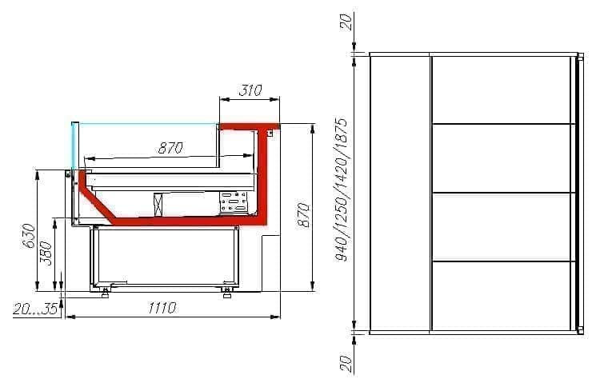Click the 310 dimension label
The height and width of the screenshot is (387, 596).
[x=250, y=90]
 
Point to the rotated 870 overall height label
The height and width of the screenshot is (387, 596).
[x=303, y=215]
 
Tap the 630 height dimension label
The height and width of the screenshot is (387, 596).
[x=30, y=236]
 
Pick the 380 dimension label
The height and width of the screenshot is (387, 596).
[x=46, y=253]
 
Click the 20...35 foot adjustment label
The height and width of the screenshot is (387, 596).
[x=35, y=309]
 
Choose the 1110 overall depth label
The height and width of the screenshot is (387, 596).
[x=162, y=308]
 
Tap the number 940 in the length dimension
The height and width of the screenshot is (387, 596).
[x=342, y=249]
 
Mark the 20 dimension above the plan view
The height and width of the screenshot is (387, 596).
[x=346, y=22]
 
